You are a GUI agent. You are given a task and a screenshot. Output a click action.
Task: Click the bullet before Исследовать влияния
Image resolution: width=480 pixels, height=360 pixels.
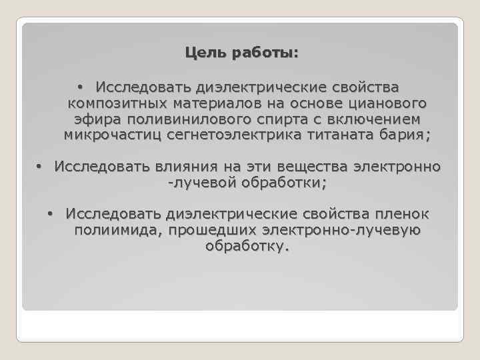click(39, 165)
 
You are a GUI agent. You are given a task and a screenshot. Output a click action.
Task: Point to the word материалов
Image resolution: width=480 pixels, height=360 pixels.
click(217, 103)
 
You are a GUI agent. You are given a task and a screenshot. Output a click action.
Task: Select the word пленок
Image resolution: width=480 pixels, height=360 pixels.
click(406, 214)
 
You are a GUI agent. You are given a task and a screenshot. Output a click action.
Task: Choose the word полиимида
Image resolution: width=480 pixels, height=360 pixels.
click(117, 231)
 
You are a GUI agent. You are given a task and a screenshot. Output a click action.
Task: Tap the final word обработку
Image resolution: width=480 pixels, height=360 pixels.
click(247, 247)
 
